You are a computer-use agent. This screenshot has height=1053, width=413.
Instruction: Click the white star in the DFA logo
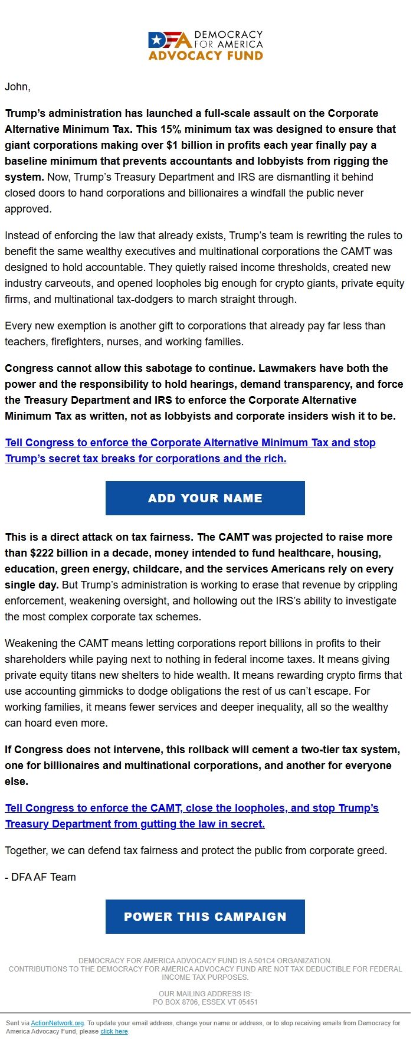[x=156, y=40]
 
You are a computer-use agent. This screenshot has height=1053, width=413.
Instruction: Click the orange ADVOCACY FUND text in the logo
[x=205, y=56]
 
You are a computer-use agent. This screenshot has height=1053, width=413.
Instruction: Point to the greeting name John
[x=17, y=87]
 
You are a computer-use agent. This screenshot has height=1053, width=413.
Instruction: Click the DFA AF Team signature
[x=41, y=877]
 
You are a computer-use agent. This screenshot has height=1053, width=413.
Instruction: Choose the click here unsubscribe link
[x=114, y=1031]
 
